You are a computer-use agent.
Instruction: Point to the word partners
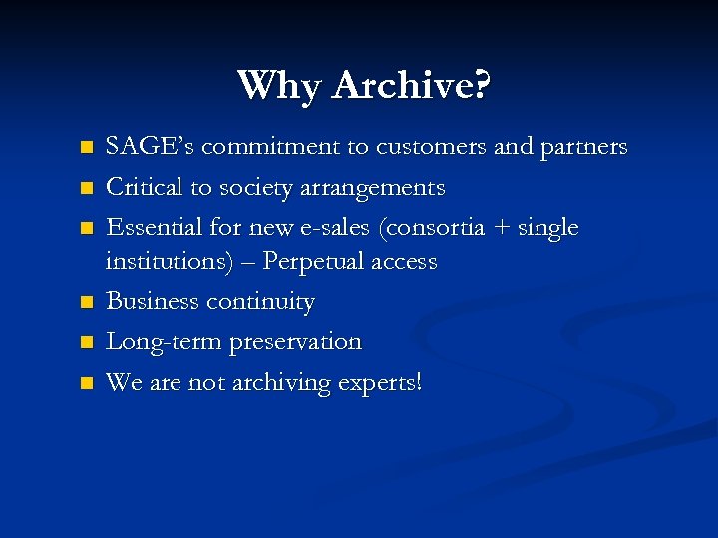[583, 148]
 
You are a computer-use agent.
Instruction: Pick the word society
[250, 187]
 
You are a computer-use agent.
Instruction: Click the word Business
[151, 301]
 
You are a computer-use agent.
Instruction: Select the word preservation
[297, 342]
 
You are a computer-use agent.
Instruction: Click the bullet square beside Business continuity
[87, 302]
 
